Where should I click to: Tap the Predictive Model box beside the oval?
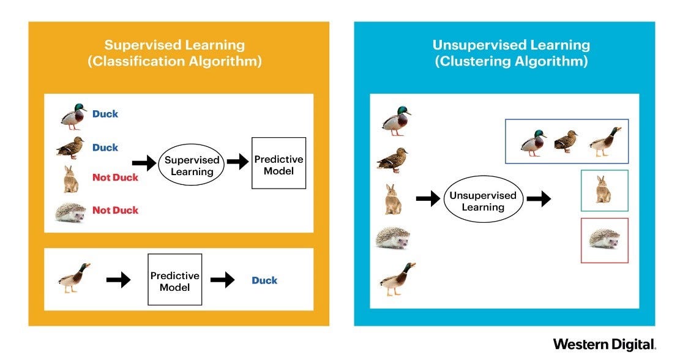point(278,162)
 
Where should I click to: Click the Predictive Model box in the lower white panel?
point(174,279)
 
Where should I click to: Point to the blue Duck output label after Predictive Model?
point(264,280)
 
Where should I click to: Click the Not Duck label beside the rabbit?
point(115,178)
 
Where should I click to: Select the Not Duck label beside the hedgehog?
point(115,210)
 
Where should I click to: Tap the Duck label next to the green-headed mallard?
point(105,114)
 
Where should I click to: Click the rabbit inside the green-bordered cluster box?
point(603,190)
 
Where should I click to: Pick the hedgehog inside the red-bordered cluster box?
point(604,239)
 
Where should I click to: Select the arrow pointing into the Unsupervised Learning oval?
point(427,198)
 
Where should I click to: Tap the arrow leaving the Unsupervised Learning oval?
point(538,198)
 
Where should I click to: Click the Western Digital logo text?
point(604,344)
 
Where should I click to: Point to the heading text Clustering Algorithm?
point(511,61)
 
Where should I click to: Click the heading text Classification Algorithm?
point(174,61)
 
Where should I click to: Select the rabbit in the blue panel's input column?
point(392,199)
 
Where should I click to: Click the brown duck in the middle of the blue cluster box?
point(566,141)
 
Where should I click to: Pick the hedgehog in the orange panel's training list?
point(71,211)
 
